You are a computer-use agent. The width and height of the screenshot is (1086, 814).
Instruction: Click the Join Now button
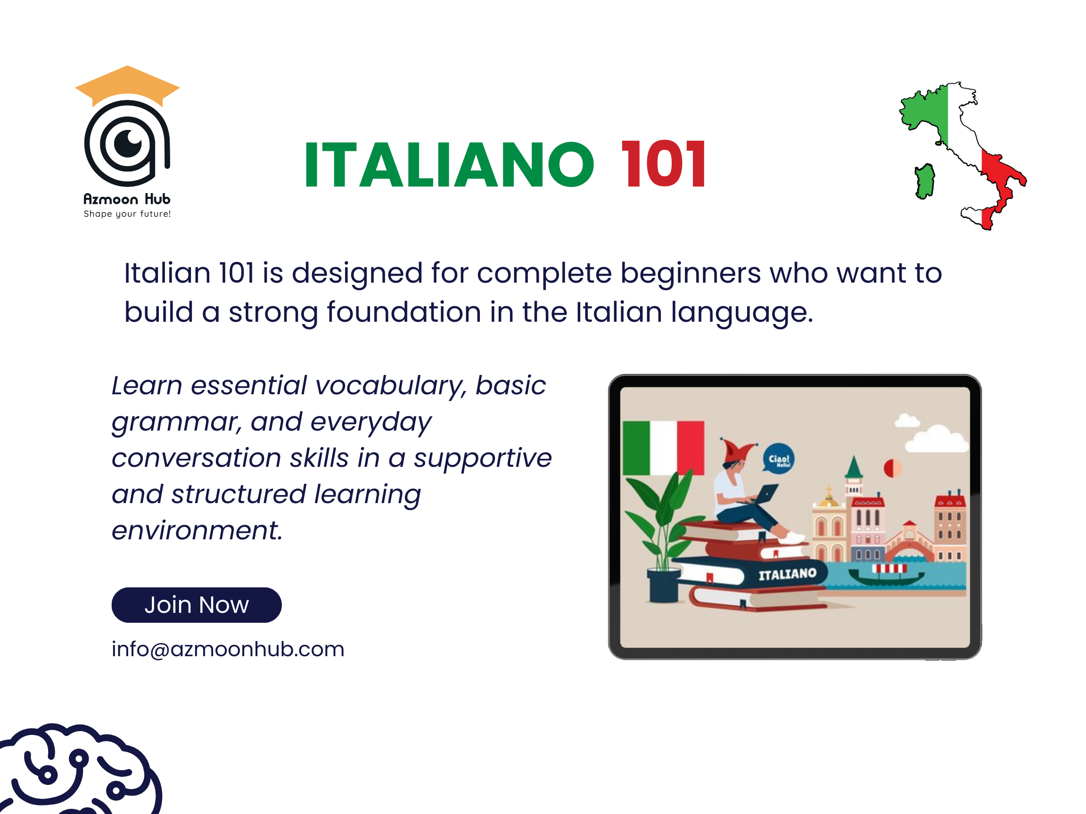(197, 605)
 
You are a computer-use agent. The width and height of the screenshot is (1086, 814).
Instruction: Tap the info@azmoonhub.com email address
(228, 649)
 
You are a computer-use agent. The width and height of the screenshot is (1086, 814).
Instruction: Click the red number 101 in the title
(663, 164)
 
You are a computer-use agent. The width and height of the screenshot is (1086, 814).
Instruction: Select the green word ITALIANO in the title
(449, 164)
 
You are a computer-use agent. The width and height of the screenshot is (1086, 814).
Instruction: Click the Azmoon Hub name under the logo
(127, 199)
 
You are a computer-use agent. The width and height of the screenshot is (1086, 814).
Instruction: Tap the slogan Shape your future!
(127, 214)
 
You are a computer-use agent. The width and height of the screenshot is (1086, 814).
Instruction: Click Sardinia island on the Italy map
(924, 180)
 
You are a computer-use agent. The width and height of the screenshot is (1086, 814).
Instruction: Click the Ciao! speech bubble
(779, 459)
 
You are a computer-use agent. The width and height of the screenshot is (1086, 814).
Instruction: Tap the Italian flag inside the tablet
(663, 448)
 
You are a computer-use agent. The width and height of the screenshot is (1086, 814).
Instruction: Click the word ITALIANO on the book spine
(788, 574)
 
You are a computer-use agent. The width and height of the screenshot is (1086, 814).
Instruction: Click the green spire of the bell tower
(854, 466)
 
